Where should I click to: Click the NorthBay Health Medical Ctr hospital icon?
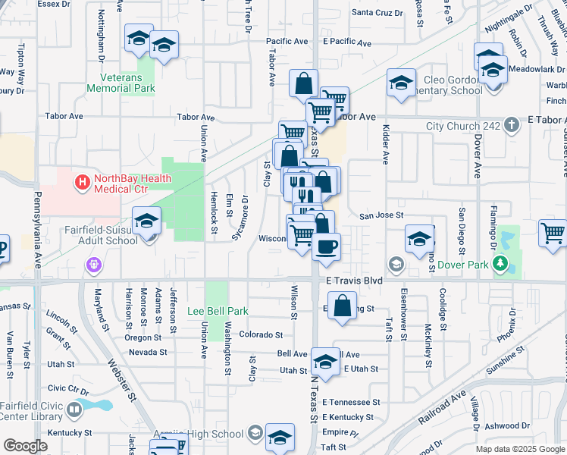click(x=81, y=182)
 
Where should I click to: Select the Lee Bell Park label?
click(x=218, y=311)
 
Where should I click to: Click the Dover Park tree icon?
click(x=500, y=263)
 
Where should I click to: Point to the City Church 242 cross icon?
click(x=513, y=124)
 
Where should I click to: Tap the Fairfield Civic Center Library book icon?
click(x=74, y=410)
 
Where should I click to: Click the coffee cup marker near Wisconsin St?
click(x=326, y=246)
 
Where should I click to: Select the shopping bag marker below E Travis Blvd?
click(x=343, y=306)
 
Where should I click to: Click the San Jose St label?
click(x=381, y=215)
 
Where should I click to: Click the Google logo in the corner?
click(x=25, y=446)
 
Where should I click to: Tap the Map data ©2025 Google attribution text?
click(x=520, y=449)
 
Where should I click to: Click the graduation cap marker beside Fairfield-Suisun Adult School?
click(x=146, y=221)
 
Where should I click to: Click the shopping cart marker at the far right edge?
click(x=553, y=233)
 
